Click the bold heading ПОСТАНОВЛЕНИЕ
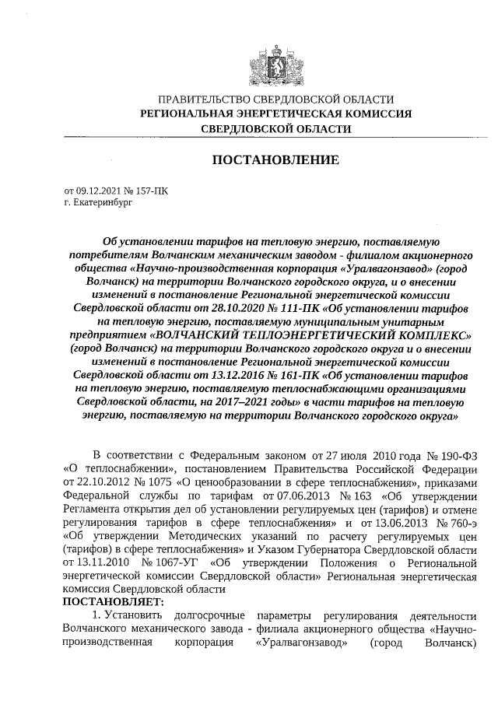(x=276, y=160)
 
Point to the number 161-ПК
(x=294, y=375)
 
